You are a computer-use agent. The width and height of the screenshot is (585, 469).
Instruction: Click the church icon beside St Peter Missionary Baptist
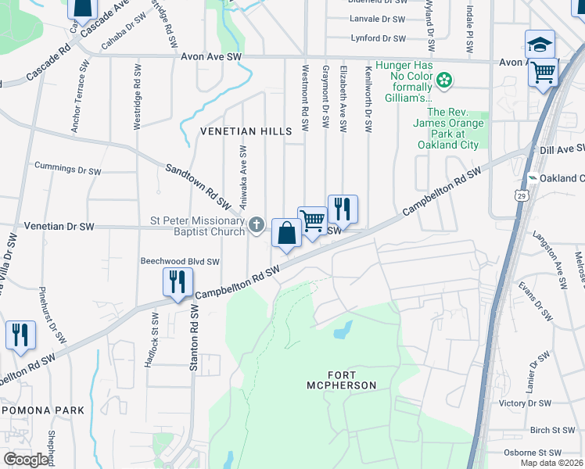[x=257, y=226]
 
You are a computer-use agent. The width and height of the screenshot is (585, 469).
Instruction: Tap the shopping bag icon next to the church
[x=287, y=233]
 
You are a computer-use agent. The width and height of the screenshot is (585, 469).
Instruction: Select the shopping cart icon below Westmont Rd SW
[x=312, y=221]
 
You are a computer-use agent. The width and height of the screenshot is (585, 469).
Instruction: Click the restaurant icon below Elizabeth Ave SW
[x=343, y=209]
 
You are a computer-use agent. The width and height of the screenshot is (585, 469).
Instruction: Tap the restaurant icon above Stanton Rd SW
[x=178, y=282]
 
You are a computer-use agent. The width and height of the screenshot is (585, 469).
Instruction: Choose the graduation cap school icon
[x=540, y=45]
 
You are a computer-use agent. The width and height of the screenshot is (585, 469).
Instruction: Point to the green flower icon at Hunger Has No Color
[x=444, y=80]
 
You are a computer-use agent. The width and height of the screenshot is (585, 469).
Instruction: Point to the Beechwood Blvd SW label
[x=179, y=262]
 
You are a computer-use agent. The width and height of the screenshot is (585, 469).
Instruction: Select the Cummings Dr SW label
[x=68, y=169]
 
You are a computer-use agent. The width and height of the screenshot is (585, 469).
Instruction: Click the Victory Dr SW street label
[x=525, y=403]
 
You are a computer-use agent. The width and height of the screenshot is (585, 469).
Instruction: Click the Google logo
[x=26, y=459]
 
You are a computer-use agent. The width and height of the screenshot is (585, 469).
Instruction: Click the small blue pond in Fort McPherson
[x=342, y=331]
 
